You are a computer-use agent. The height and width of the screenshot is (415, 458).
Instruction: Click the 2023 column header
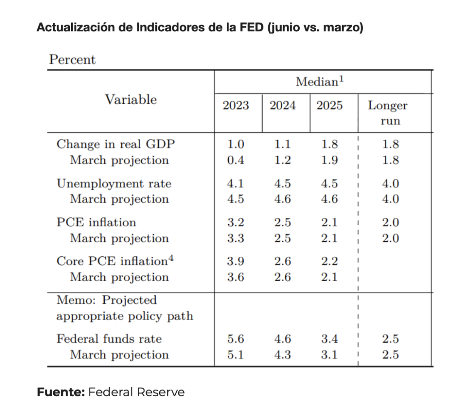236,106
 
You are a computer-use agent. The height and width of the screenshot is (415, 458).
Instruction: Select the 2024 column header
283,106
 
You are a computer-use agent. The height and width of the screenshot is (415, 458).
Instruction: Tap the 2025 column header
330,106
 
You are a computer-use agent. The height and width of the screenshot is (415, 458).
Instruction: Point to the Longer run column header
387,113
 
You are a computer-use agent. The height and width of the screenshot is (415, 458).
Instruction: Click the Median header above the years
319,82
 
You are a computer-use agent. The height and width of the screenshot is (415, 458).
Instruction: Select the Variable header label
131,100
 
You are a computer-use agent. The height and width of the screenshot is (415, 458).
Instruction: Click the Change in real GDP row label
116,144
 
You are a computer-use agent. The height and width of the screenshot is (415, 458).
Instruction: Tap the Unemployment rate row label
114,184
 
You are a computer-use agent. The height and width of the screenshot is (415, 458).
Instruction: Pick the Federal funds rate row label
109,339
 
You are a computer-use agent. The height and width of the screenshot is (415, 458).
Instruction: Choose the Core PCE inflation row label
115,261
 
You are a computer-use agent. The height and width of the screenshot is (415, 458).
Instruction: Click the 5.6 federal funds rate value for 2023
236,339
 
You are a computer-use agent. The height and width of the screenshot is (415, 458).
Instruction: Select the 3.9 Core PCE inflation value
236,262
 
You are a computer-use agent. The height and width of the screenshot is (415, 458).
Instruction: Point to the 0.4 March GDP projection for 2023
236,161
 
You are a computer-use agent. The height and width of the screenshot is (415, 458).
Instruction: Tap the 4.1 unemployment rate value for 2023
236,184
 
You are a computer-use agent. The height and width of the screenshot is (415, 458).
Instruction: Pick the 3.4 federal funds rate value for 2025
330,339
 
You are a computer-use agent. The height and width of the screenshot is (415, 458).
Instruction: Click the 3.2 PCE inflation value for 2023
236,223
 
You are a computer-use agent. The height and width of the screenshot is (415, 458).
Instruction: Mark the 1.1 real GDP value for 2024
283,144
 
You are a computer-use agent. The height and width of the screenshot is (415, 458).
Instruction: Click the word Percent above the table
72,60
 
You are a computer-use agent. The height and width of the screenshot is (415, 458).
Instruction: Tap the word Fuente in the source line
60,392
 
